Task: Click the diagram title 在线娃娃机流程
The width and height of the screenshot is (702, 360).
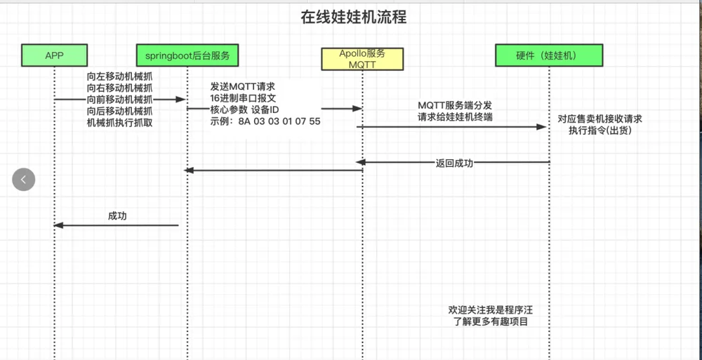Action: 353,18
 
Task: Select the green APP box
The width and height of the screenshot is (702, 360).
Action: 54,55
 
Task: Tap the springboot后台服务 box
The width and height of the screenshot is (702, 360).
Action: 187,55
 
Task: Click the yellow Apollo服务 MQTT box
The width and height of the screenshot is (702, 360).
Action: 362,59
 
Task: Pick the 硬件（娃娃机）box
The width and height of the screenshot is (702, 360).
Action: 549,55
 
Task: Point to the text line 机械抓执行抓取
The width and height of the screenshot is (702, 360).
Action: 119,123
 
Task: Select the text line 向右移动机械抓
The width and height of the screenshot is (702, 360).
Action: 119,88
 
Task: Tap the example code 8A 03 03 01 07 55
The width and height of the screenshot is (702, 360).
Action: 279,121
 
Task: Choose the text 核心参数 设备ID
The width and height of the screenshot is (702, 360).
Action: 244,109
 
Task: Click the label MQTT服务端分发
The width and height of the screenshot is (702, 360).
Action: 455,106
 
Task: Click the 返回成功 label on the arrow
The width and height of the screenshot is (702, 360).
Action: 454,163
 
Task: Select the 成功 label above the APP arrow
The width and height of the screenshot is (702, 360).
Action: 117,216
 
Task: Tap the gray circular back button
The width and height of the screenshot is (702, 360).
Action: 24,180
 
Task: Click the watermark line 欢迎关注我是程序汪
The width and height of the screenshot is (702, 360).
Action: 491,310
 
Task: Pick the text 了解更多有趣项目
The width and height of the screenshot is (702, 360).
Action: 491,321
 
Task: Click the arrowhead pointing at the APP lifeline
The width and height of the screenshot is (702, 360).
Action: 59,225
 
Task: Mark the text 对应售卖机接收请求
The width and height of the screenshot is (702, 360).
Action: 600,119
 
